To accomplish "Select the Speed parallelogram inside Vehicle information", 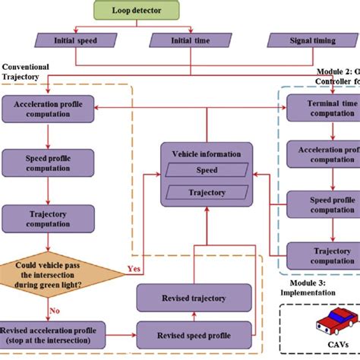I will [207, 170].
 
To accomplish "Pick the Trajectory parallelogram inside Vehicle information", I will [207, 191].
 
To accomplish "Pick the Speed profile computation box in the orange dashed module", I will [49, 163].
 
